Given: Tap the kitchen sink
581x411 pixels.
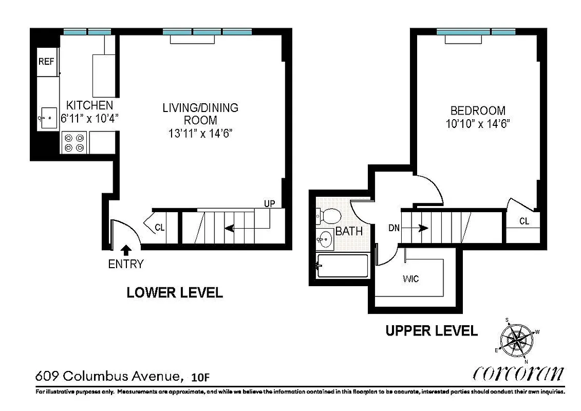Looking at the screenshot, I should pos(48,118).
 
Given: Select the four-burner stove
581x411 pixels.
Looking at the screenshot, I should pos(74,142).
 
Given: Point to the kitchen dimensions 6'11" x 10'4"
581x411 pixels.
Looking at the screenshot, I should pos(90,118).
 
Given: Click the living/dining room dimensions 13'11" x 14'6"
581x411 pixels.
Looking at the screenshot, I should pos(200,133).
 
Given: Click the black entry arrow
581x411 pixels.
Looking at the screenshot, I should pos(126,250).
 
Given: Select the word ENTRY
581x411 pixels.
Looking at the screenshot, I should pos(126,265).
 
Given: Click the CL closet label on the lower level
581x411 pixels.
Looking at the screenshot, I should pos(160,227).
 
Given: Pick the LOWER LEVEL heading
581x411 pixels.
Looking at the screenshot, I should pos(175,293).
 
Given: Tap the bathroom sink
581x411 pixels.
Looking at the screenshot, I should pos(325,238).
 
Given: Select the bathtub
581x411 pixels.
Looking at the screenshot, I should pos(343,266).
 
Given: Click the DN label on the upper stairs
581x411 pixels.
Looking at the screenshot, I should pos(394,228).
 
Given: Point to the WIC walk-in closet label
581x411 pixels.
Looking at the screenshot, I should pos(411,279).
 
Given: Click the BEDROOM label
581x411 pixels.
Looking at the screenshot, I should pos(478,110).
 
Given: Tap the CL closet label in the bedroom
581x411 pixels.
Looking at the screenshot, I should pos(524,221).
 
